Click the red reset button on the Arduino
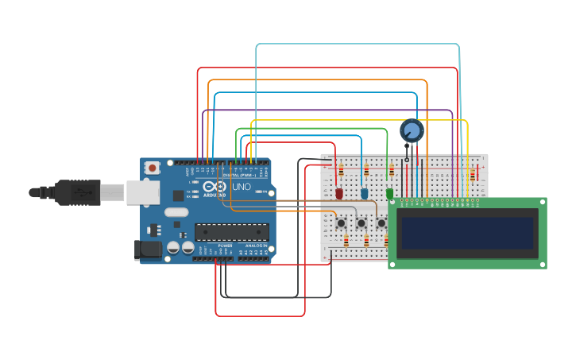(x=152, y=168)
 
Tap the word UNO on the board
(x=241, y=187)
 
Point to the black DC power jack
(x=148, y=250)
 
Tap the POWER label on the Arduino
(x=225, y=246)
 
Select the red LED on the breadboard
(x=339, y=193)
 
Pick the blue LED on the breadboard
(x=365, y=193)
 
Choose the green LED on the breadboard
(x=389, y=193)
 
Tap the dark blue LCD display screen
(x=467, y=233)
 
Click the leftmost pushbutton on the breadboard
(x=341, y=223)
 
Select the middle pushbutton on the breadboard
(x=361, y=223)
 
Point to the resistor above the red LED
(x=340, y=170)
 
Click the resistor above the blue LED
(x=365, y=170)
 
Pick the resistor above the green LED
(x=391, y=170)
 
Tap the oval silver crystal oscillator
(x=176, y=212)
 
